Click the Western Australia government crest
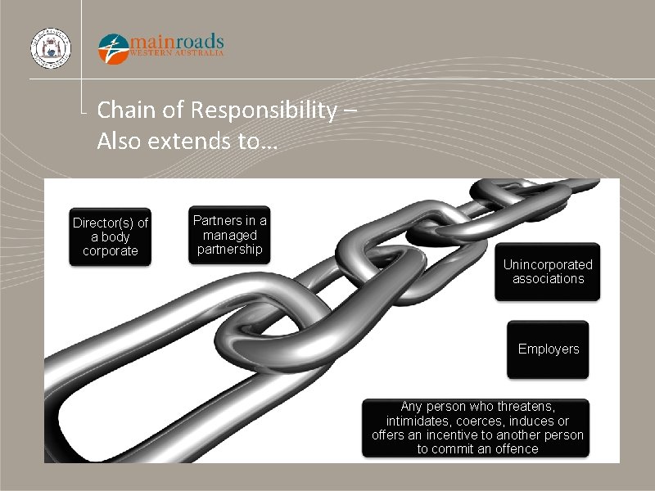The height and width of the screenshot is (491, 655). click(x=50, y=48)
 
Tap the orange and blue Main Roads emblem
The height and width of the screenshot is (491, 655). click(x=113, y=48)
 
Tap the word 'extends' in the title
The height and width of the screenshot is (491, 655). click(x=189, y=141)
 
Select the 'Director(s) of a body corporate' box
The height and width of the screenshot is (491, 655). click(x=111, y=236)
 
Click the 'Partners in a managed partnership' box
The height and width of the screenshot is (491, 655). click(x=229, y=235)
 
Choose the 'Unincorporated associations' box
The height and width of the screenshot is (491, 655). click(x=548, y=272)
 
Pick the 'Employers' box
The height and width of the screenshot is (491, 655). click(x=548, y=349)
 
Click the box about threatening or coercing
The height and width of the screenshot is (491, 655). click(x=477, y=427)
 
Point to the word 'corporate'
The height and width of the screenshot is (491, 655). click(x=111, y=251)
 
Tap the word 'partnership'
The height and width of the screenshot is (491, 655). click(x=229, y=250)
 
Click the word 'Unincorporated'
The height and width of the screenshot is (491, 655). click(x=548, y=264)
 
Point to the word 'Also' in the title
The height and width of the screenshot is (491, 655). click(x=117, y=141)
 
